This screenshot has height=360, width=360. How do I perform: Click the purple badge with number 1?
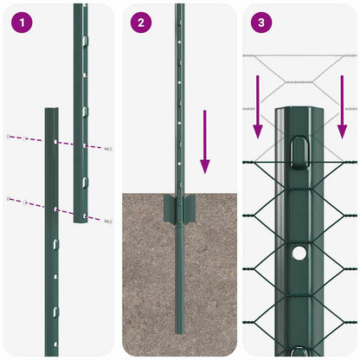click(x=21, y=22)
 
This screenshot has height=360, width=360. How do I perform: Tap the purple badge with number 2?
click(x=140, y=22)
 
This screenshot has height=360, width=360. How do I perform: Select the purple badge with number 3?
click(x=260, y=22)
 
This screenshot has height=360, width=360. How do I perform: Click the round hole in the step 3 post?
click(x=299, y=254)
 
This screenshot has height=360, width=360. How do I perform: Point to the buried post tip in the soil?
click(x=179, y=346)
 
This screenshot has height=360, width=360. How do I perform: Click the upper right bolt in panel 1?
click(x=108, y=149)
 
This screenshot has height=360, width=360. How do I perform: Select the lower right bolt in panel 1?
click(x=108, y=221)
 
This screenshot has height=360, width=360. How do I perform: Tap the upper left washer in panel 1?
click(x=10, y=137)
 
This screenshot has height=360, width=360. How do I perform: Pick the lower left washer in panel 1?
click(x=10, y=199)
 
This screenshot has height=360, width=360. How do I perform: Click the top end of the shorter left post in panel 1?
click(x=51, y=111)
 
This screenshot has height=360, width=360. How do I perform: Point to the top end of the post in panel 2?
click(x=179, y=7)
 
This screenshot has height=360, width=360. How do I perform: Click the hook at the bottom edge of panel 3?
click(x=299, y=351)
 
